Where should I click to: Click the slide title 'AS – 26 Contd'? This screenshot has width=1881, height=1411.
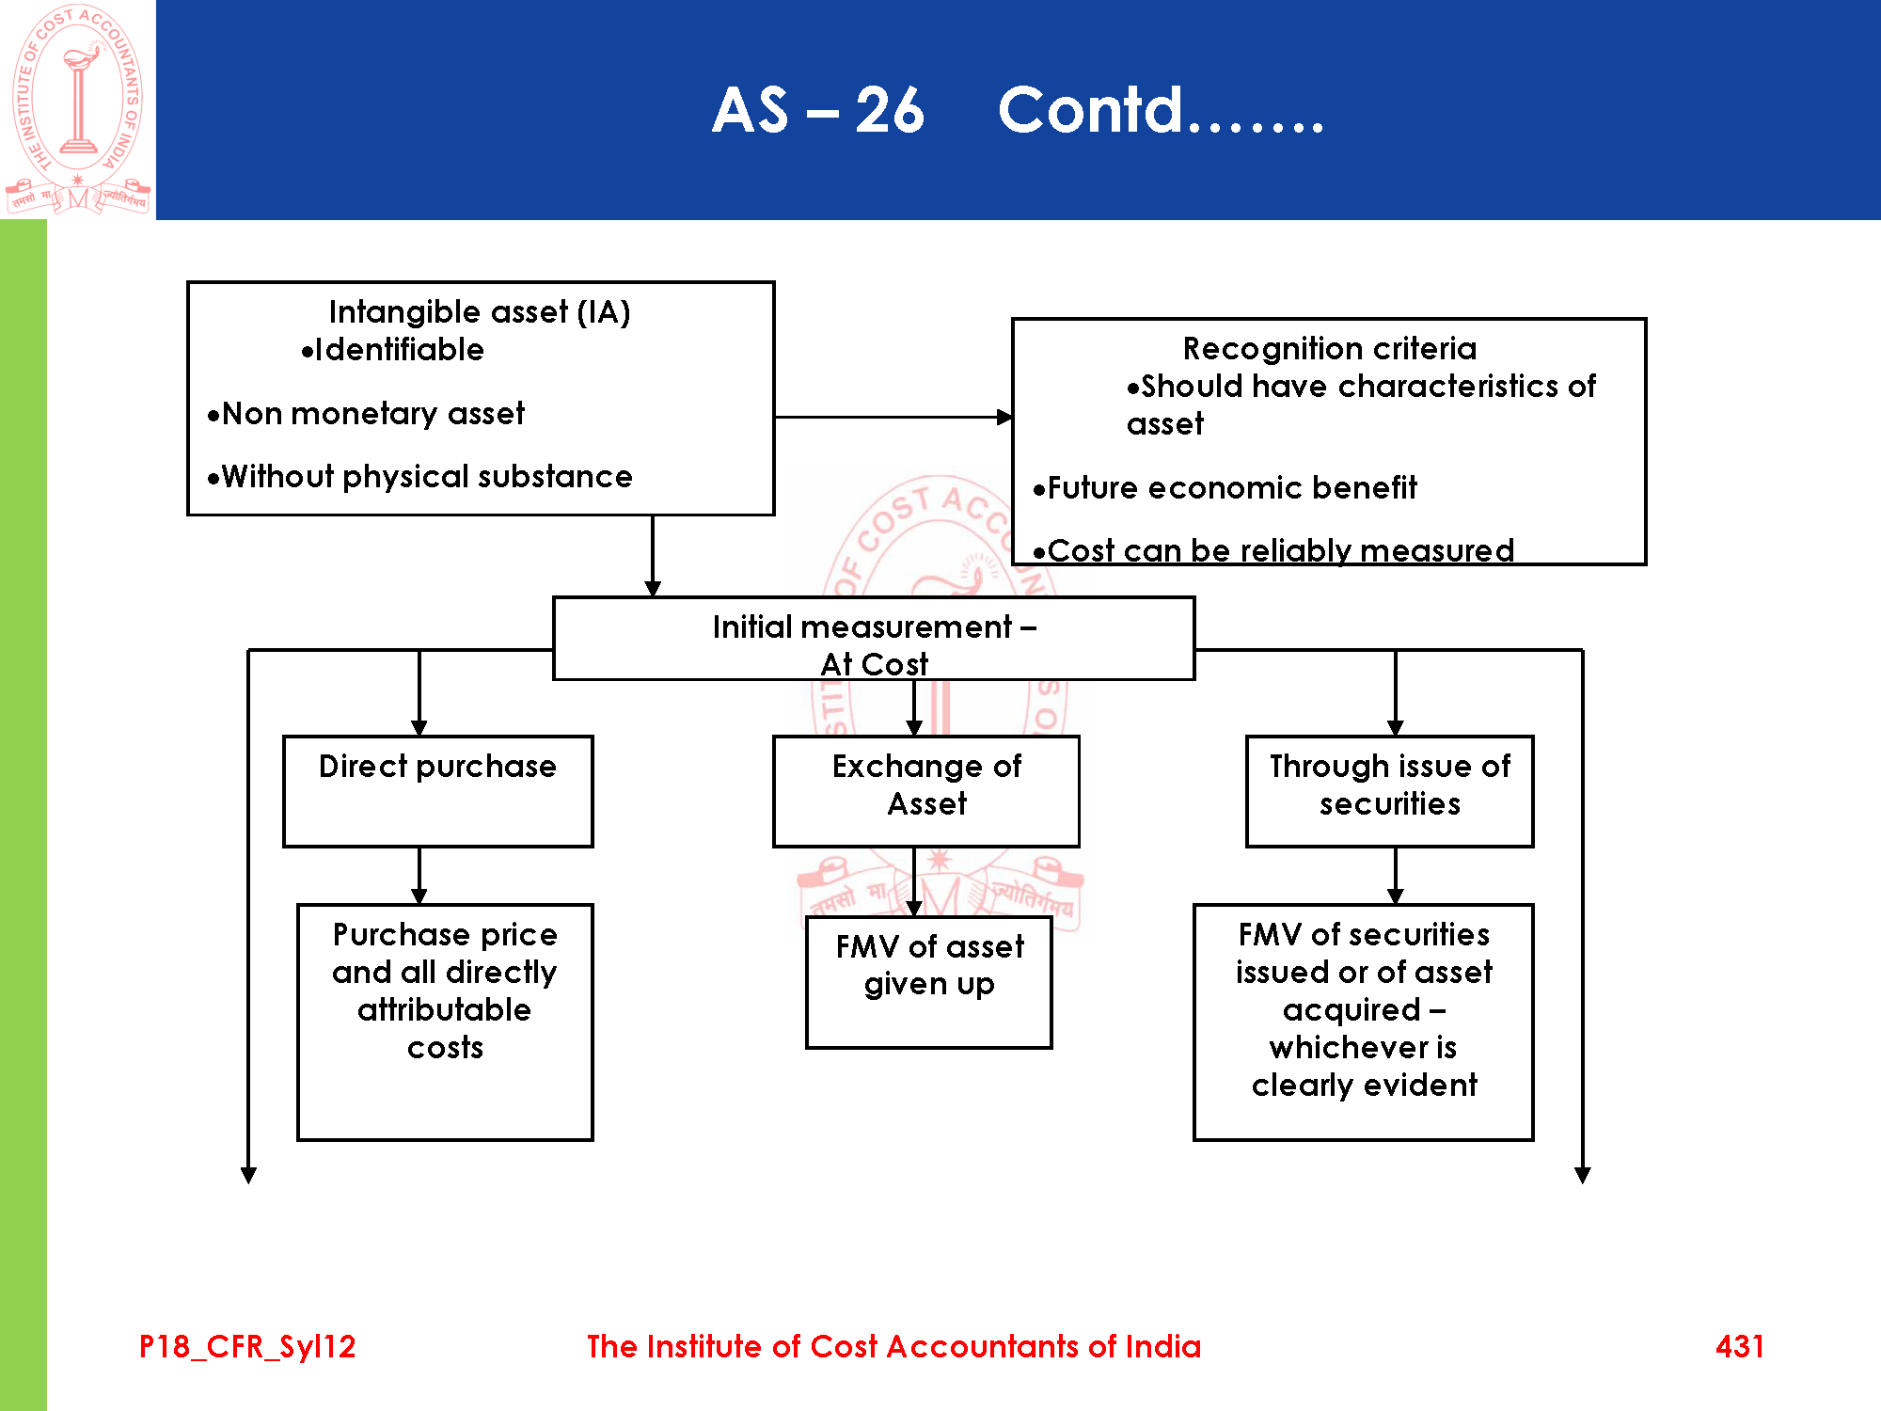pos(1018,110)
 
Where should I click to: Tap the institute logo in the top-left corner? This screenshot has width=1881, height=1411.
pos(78,109)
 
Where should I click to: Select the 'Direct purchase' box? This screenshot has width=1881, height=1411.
pos(437,790)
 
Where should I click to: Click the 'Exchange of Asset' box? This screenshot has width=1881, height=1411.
pos(926,790)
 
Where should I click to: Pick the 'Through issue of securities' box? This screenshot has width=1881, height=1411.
pos(1389,790)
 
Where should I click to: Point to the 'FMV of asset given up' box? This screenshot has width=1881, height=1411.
pos(928,981)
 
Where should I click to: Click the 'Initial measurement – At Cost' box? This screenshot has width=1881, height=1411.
pos(874,639)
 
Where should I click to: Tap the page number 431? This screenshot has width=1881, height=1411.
pos(1739,1346)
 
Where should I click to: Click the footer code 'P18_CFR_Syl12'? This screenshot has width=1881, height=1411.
pos(247,1346)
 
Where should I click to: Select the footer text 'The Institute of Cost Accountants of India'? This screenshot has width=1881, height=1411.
pos(893,1346)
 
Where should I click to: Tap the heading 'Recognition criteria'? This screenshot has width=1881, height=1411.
pos(1329,348)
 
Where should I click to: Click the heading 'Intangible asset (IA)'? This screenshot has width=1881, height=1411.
pos(480,311)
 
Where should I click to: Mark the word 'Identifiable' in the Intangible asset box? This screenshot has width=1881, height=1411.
pos(399,350)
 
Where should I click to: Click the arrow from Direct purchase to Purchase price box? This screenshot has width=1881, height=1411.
pos(419,875)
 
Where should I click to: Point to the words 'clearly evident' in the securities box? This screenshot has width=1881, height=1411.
pos(1364,1086)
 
